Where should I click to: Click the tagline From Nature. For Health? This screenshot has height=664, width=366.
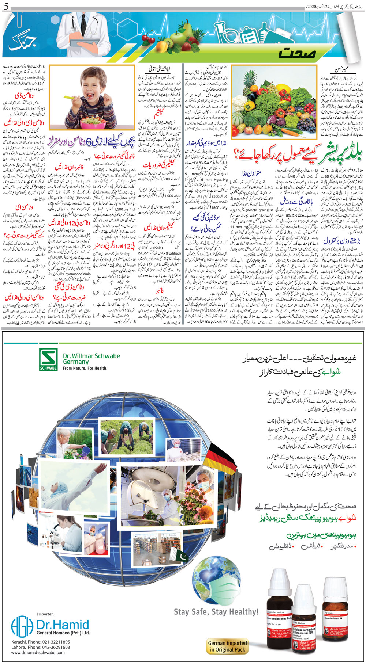click(85, 368)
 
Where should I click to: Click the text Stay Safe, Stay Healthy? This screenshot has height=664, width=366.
click(216, 611)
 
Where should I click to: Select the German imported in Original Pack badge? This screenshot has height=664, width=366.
click(227, 646)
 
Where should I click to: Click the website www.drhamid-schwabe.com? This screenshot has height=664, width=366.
click(38, 652)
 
